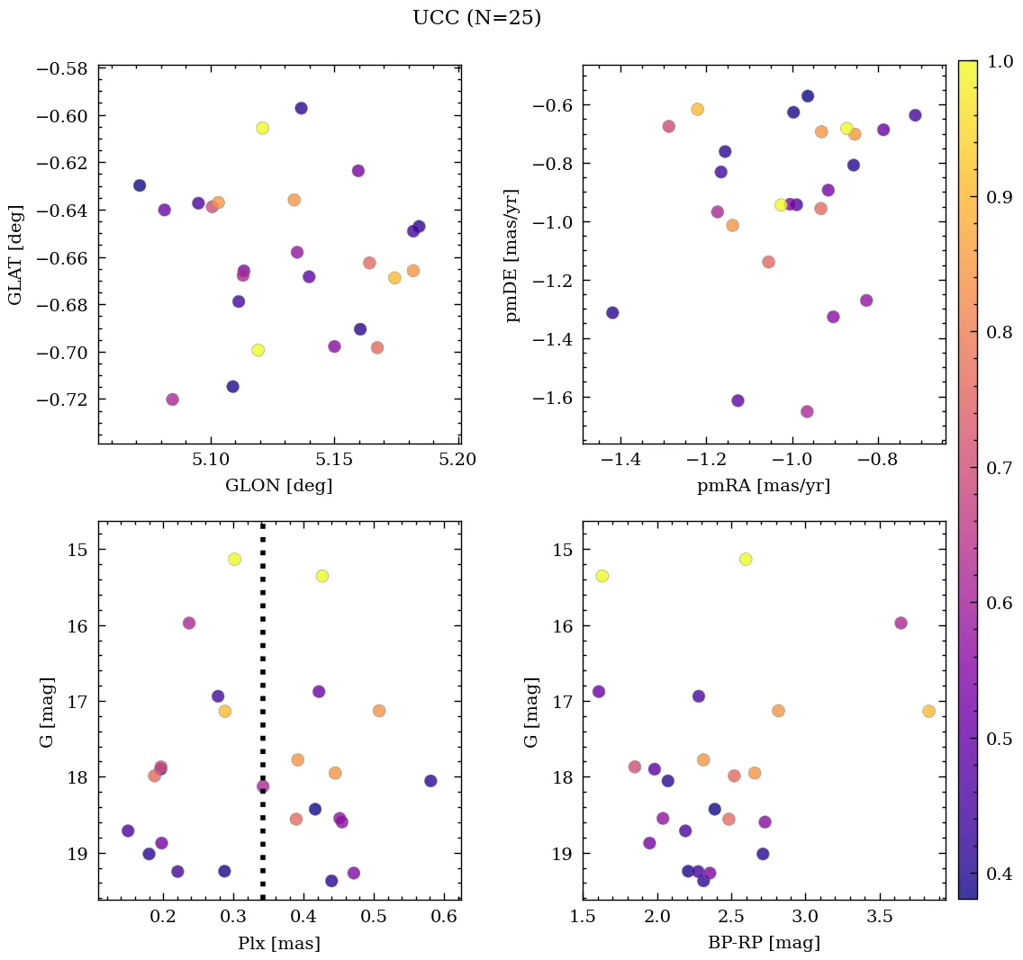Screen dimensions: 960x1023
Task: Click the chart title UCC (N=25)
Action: coord(476,18)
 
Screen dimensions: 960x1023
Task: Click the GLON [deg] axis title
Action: coord(278,486)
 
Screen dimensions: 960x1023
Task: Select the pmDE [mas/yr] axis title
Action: coord(512,256)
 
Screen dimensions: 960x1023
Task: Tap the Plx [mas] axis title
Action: coord(278,943)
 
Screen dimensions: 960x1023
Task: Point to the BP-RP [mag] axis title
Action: coord(763,943)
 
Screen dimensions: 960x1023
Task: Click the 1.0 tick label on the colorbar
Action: coord(1000,61)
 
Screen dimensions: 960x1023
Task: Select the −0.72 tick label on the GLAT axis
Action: coord(62,399)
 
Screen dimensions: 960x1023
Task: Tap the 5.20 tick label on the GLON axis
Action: coord(458,460)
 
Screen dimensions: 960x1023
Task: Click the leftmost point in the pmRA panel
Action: coord(612,313)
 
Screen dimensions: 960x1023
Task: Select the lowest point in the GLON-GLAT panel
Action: coord(172,399)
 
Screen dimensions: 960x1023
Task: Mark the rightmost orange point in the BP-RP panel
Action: coord(928,711)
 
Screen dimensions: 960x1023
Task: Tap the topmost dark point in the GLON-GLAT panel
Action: coord(301,108)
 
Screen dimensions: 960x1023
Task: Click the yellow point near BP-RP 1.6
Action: coord(602,576)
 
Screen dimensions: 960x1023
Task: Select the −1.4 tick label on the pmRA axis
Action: coord(620,460)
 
